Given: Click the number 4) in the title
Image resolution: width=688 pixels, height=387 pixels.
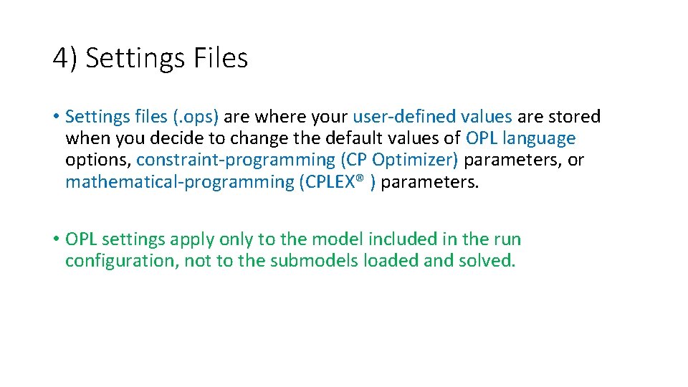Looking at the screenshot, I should (66, 58).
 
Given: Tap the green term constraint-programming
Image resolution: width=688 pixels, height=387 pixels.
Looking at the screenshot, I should (234, 160).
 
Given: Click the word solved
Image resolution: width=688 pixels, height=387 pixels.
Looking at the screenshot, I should (491, 262).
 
